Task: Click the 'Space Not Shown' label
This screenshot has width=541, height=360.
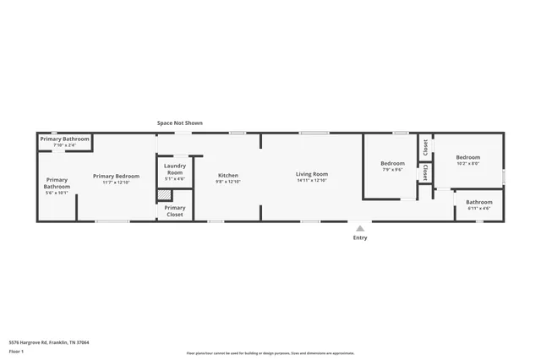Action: tap(179, 123)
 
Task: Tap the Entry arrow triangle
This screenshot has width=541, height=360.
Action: tap(360, 228)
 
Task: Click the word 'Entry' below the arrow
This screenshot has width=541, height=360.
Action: tap(360, 238)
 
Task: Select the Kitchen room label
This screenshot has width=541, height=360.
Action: tap(228, 175)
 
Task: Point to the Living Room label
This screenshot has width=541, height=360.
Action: tap(312, 174)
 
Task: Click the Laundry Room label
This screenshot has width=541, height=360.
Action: tap(175, 169)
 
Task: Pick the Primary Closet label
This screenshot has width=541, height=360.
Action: tap(175, 211)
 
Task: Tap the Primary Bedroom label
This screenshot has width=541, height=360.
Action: tap(116, 176)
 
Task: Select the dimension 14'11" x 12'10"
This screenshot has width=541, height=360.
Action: tap(312, 181)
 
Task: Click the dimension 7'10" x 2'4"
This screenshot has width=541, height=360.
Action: tap(64, 145)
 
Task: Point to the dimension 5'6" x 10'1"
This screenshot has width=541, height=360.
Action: tap(57, 193)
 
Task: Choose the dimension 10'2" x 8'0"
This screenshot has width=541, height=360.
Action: tap(468, 164)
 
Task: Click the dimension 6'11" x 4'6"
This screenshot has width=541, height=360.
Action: tap(478, 208)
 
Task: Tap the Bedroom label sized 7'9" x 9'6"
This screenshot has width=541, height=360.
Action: tap(392, 163)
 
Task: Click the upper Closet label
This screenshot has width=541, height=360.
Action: tap(425, 147)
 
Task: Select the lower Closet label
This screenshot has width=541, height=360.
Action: tap(425, 172)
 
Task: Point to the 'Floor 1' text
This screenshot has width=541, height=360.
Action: tap(17, 350)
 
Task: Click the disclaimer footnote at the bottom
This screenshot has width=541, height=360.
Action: tap(270, 353)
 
